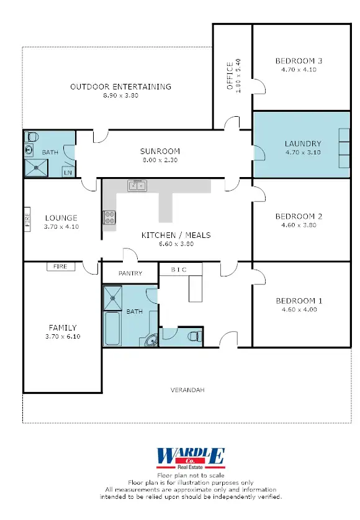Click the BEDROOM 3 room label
(299, 61)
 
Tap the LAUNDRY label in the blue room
(303, 143)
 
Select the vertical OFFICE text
(230, 76)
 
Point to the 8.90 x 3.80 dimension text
(120, 96)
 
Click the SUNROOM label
(160, 151)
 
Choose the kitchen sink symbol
(137, 185)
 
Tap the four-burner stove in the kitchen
(109, 217)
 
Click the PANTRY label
(130, 273)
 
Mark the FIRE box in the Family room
(61, 267)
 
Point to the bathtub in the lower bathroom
(112, 327)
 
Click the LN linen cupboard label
(68, 173)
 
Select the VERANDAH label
(187, 390)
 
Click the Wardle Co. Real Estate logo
(191, 458)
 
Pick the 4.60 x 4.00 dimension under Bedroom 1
(299, 310)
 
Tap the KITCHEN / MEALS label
(176, 235)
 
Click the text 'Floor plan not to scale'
(191, 475)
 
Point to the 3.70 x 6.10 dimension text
(63, 336)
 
